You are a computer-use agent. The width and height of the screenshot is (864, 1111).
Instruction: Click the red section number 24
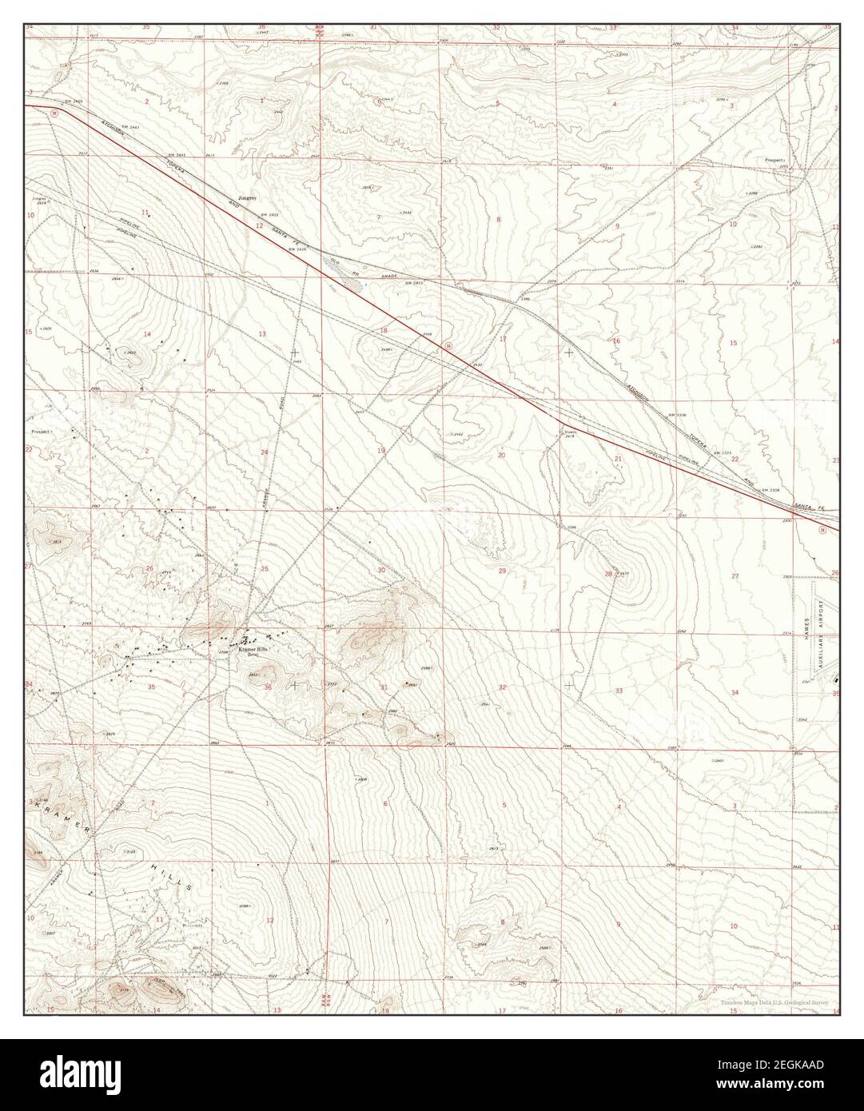[264, 452]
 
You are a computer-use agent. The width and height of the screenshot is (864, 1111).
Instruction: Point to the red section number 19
[381, 451]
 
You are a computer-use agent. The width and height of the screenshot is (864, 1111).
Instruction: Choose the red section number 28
[608, 574]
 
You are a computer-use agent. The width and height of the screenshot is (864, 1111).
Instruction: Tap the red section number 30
[381, 570]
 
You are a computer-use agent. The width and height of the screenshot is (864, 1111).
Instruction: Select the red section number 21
[618, 458]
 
